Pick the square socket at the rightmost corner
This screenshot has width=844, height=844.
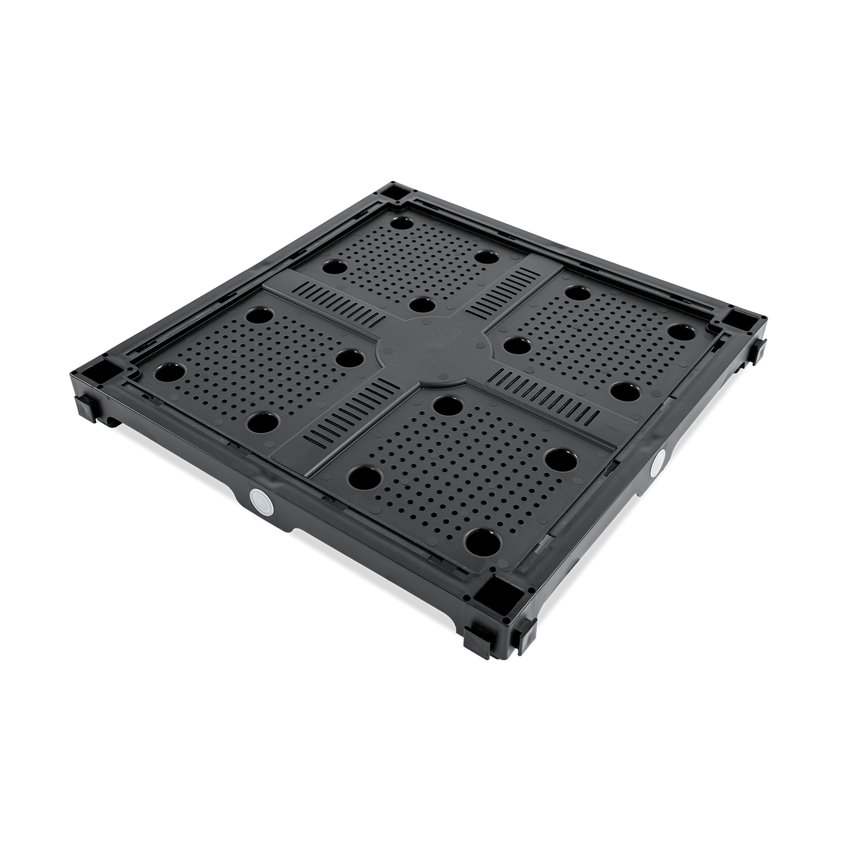[x=738, y=322]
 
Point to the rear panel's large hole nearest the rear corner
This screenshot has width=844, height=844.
[x=400, y=223]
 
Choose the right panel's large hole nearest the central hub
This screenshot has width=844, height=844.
[x=516, y=345]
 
